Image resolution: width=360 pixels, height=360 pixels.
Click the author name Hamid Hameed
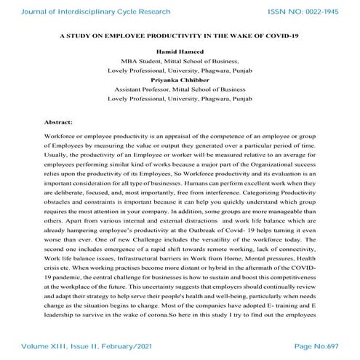click(180, 57)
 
